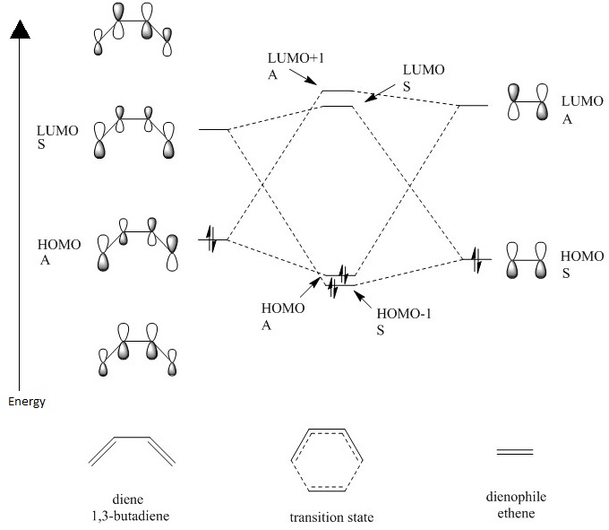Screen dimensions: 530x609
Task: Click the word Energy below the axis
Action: pyautogui.click(x=27, y=401)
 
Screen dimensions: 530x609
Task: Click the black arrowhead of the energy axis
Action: pyautogui.click(x=20, y=31)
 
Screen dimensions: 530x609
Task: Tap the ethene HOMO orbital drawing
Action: pyautogui.click(x=527, y=261)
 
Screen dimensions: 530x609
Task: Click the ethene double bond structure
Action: pyautogui.click(x=515, y=451)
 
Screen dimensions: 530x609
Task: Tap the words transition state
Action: pyautogui.click(x=330, y=517)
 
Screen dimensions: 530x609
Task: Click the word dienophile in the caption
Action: pyautogui.click(x=514, y=498)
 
